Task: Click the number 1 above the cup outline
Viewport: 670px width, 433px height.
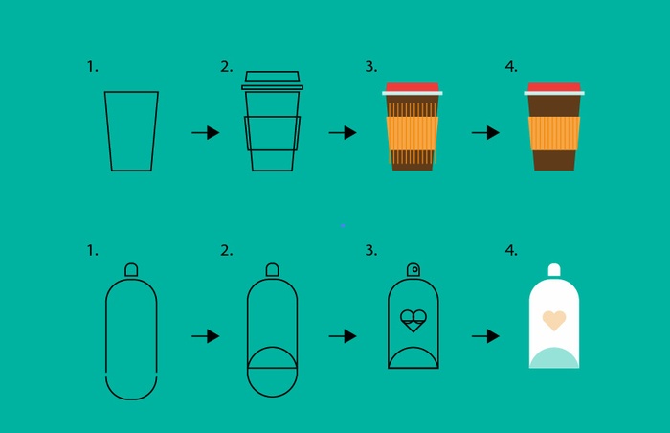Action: tap(92, 67)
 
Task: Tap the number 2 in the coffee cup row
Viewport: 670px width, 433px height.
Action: tap(227, 67)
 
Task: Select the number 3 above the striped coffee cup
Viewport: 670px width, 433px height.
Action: tap(371, 67)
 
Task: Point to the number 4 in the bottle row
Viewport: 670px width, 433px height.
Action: tap(511, 250)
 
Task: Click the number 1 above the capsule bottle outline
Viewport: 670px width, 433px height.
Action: tap(92, 250)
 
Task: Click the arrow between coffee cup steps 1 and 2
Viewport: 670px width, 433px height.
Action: tap(206, 132)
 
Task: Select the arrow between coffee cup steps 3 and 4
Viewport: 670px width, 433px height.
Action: tap(485, 132)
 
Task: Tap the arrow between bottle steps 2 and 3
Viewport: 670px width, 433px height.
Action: tap(343, 336)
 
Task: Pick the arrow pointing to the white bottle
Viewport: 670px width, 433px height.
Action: tap(485, 336)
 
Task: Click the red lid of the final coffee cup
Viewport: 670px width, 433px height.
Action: tap(554, 87)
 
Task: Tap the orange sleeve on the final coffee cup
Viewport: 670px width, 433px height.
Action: tap(554, 133)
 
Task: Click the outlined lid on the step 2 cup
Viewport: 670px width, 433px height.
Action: tap(272, 80)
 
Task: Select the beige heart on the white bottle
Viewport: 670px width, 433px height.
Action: tap(554, 321)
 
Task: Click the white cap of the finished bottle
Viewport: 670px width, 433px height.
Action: tap(554, 270)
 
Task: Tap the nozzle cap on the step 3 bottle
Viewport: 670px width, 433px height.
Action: tap(413, 270)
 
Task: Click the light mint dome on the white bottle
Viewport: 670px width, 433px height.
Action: tap(554, 358)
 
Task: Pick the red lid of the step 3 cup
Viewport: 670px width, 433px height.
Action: tap(412, 87)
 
